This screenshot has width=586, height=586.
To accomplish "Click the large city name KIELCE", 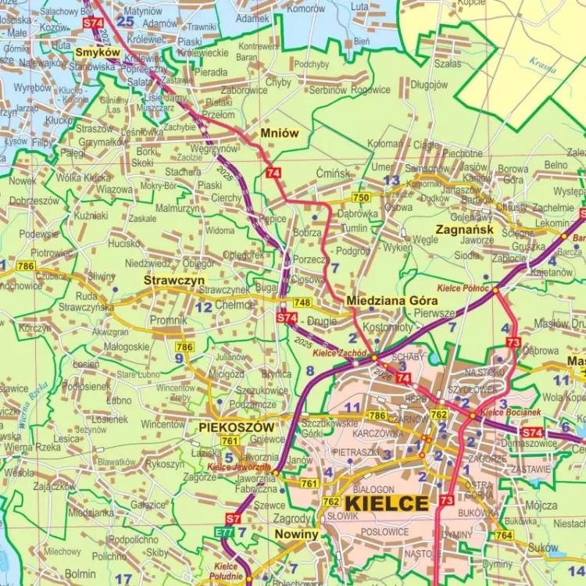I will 386,503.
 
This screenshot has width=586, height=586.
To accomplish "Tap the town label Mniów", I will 280,133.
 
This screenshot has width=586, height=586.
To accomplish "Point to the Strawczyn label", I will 174,279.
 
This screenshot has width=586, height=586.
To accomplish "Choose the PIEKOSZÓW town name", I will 236,427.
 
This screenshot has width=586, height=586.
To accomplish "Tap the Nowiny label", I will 297,534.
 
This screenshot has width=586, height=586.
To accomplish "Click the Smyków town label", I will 98,52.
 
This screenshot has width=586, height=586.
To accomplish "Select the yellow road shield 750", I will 361,198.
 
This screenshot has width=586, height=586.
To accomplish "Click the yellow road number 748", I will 302,303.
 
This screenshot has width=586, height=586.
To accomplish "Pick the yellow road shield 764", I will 504,535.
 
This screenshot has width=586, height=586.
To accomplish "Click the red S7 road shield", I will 234,518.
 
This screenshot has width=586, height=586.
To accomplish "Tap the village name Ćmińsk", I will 334,173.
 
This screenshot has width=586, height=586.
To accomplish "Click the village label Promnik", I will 168,320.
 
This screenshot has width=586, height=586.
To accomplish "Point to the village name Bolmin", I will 80,574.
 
